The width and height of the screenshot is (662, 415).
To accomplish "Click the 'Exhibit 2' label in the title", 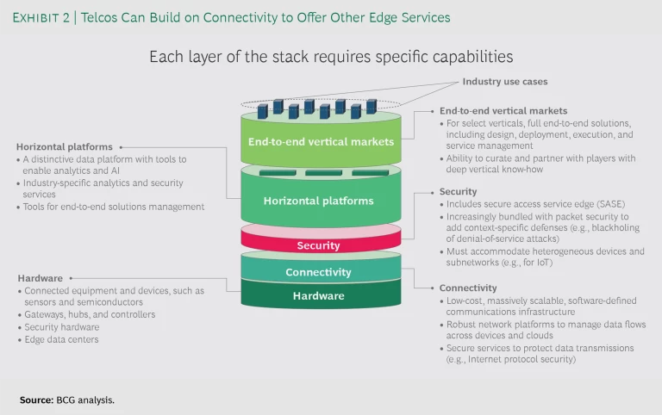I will point(43,17).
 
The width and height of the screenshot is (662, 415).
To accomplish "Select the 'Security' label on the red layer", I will point(318,245).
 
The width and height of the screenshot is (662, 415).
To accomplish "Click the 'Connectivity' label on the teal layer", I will point(318,272).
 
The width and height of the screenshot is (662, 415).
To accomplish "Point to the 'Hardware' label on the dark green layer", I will point(318,296).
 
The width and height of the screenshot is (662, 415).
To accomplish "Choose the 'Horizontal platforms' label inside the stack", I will point(318,201).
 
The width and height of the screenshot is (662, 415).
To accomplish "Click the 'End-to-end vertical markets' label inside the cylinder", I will point(321,141).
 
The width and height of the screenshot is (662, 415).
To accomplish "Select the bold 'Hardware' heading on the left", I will point(40,278).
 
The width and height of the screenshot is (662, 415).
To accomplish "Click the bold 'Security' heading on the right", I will point(459,191).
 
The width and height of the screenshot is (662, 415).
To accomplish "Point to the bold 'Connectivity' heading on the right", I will point(467,288).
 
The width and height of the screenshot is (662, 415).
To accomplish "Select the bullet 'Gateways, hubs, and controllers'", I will point(90,315).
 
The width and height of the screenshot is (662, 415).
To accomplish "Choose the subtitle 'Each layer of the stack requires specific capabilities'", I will point(331,57).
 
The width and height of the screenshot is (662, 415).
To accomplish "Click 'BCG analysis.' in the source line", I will point(87,400).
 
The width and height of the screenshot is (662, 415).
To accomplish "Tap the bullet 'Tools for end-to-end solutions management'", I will point(114,207).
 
